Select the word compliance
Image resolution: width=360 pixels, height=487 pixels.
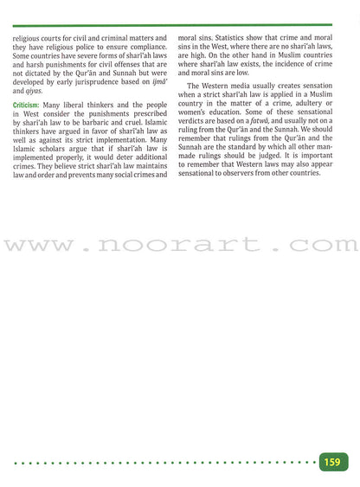coord(147,48)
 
